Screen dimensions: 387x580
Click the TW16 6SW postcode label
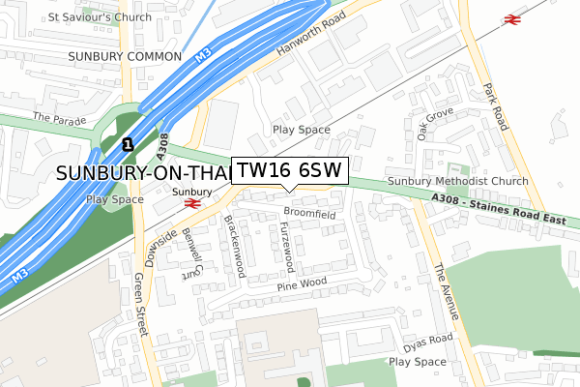(x=288, y=170)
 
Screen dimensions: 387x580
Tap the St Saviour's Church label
(x=101, y=17)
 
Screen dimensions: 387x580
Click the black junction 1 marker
(x=127, y=145)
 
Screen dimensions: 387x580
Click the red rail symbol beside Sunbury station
(x=192, y=204)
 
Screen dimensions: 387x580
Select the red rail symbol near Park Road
(x=509, y=18)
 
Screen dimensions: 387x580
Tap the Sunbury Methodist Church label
(x=457, y=182)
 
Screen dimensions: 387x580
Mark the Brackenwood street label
(x=231, y=242)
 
